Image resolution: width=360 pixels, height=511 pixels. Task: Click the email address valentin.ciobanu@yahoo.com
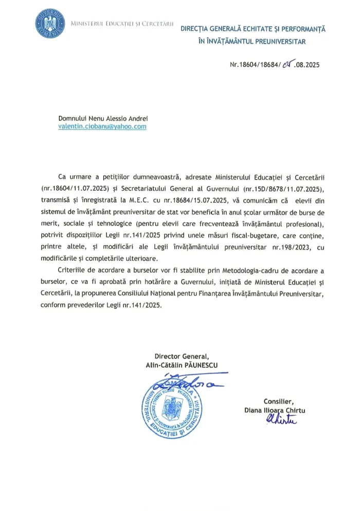click(102, 126)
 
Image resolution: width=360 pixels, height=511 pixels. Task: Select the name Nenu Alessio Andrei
click(119, 118)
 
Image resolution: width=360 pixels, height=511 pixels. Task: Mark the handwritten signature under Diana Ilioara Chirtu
click(281, 420)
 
